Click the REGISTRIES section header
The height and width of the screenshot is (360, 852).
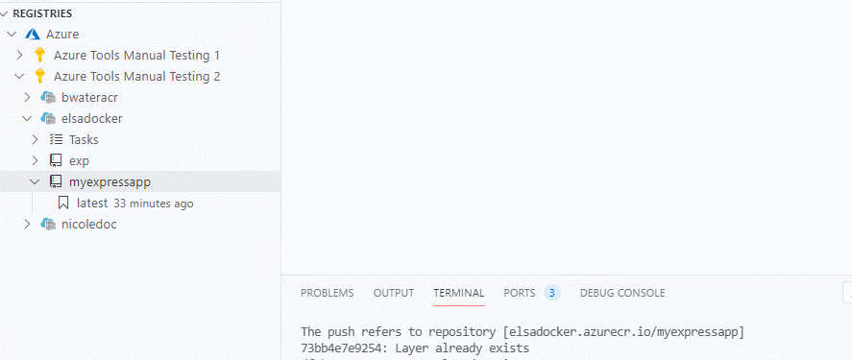coord(41,13)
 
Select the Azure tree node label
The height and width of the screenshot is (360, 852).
coord(62,34)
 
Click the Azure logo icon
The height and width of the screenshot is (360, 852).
coord(33,34)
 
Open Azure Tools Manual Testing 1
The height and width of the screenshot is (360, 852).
coord(136,55)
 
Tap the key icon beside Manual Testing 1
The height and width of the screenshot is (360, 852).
coord(40,55)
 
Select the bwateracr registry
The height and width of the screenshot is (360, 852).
coord(89,97)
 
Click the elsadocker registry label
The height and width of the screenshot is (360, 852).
coord(91,118)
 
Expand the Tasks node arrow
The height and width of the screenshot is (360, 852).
coord(35,139)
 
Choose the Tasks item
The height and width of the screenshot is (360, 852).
coord(84,139)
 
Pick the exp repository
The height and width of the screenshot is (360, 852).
coord(79,160)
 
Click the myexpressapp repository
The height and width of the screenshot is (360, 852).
coord(110,181)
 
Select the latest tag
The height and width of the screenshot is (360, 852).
coord(92,203)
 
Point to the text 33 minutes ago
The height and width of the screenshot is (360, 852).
coord(153,204)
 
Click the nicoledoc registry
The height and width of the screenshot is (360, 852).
coord(88,224)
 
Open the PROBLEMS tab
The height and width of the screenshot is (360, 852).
coord(327,293)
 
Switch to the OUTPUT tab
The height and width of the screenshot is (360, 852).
coord(393,293)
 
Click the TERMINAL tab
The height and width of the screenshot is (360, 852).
coord(458,293)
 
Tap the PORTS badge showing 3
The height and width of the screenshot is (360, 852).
coord(551,293)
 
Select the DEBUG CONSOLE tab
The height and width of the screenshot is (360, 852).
coord(621,293)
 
